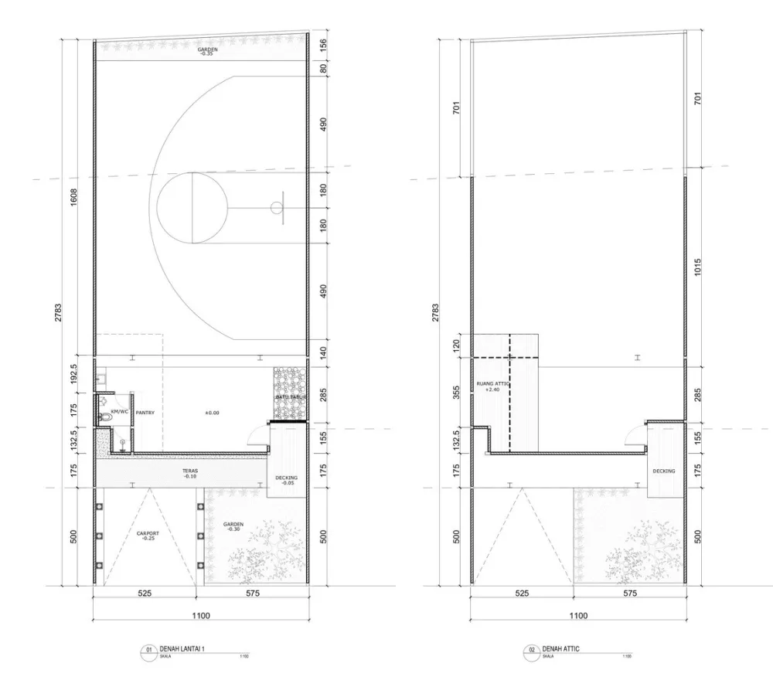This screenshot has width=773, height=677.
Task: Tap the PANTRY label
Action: (145, 413)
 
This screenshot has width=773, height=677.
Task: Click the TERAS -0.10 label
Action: (188, 473)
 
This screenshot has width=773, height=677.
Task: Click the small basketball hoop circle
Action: (277, 207)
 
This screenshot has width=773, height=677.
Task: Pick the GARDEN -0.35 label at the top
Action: (206, 51)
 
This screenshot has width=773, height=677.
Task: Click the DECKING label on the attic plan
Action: (663, 471)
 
